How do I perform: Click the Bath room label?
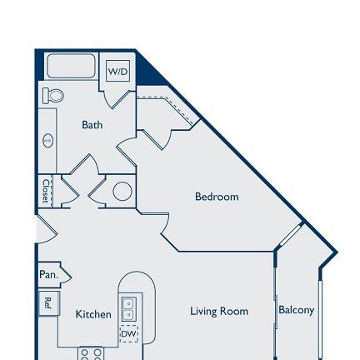pos(92,125)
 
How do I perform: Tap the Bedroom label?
pos(217,197)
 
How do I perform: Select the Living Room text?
pos(219,311)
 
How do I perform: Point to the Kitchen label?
pos(93,314)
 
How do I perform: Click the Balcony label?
pos(297,310)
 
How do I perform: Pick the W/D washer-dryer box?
pos(118,71)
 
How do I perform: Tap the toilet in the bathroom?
pos(52,96)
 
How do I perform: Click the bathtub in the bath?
pos(72,66)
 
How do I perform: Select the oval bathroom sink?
pos(48,140)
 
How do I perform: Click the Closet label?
pos(46,191)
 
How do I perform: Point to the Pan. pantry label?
pos(49,275)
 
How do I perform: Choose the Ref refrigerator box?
pos(48,303)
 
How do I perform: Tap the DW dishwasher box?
pos(129,333)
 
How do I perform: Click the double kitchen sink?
pos(129,309)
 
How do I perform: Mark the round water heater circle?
pos(122,191)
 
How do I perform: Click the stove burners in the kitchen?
pos(91,353)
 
